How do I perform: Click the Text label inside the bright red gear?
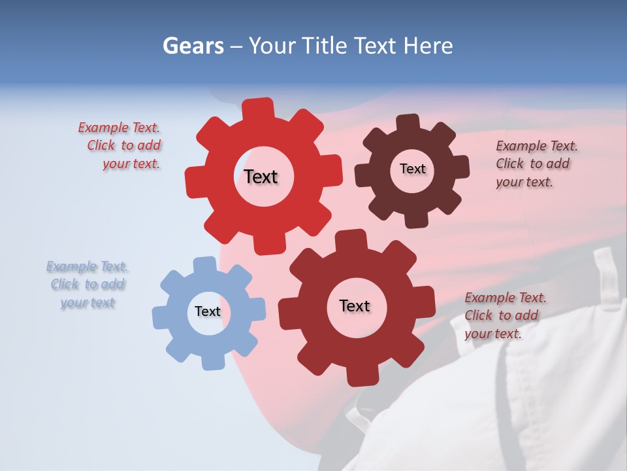(x=261, y=177)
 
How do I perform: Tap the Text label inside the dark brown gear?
(x=412, y=169)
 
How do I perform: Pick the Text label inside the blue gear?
(x=208, y=311)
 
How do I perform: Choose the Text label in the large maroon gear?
(x=355, y=305)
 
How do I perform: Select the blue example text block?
(x=87, y=285)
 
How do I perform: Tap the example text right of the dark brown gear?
(x=536, y=164)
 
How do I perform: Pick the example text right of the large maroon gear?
(x=504, y=316)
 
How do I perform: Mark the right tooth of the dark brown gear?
(x=461, y=167)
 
